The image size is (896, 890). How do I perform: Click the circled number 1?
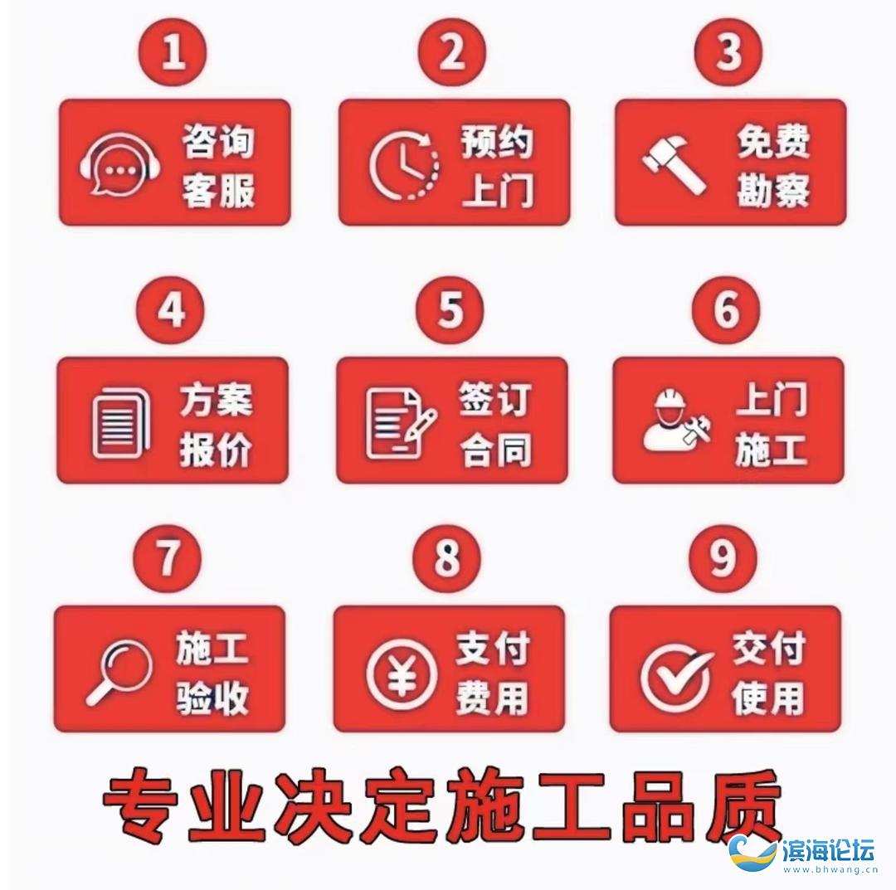(x=174, y=52)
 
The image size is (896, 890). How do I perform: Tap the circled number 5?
(x=450, y=310)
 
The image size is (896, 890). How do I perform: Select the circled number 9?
(x=723, y=558)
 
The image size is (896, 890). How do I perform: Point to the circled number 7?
(x=168, y=558)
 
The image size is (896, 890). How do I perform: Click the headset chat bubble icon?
(x=119, y=164)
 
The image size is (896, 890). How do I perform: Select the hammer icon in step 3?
(x=674, y=163)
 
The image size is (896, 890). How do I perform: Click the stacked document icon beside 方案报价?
(x=120, y=422)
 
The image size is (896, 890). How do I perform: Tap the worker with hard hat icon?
(x=678, y=420)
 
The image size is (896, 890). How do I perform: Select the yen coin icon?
(x=402, y=674)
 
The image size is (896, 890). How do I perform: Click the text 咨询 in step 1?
(x=217, y=141)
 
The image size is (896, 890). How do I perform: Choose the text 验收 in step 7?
(x=212, y=698)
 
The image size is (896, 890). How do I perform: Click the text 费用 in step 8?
(x=491, y=698)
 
